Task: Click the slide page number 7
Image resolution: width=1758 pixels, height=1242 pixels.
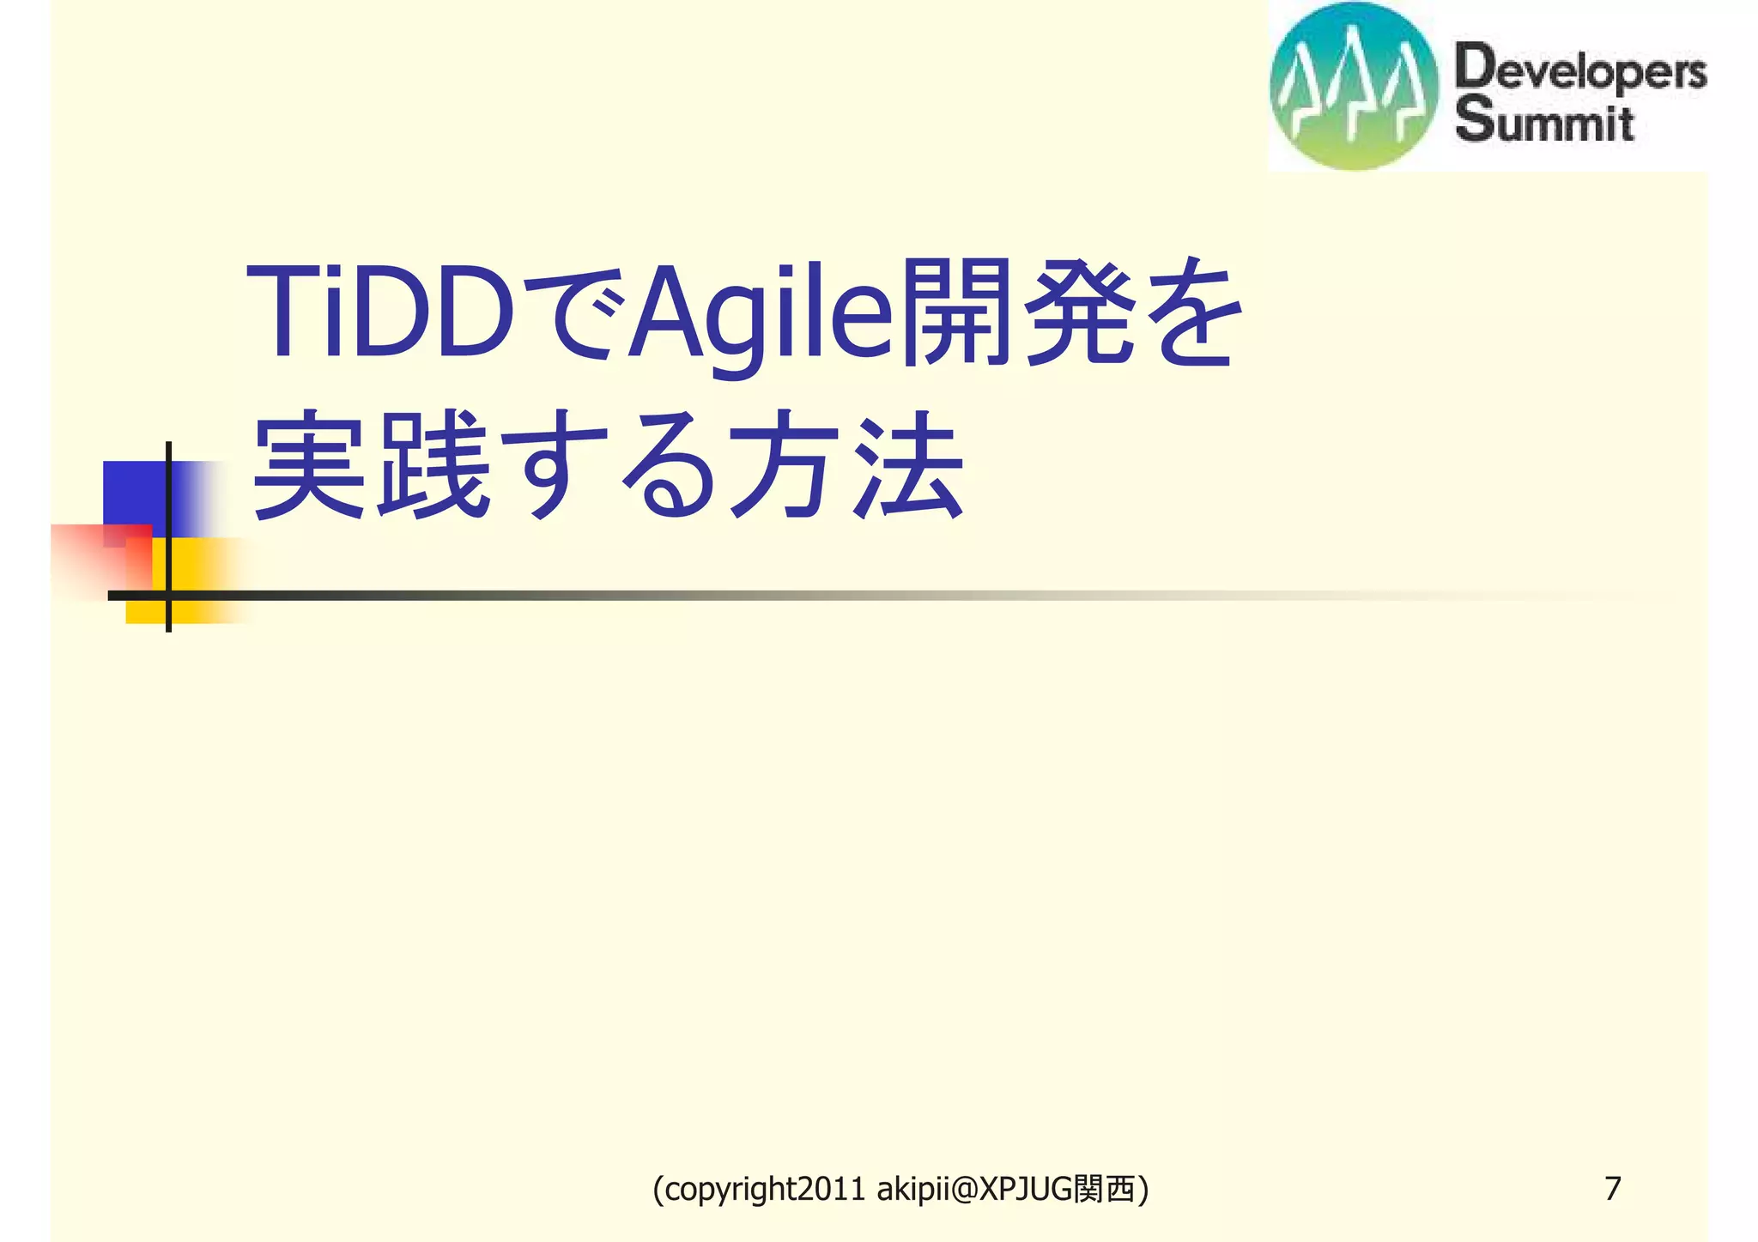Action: [x=1612, y=1189]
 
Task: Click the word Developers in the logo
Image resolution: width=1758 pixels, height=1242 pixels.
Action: [x=1580, y=70]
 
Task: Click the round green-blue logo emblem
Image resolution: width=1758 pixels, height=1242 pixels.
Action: [x=1353, y=86]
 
